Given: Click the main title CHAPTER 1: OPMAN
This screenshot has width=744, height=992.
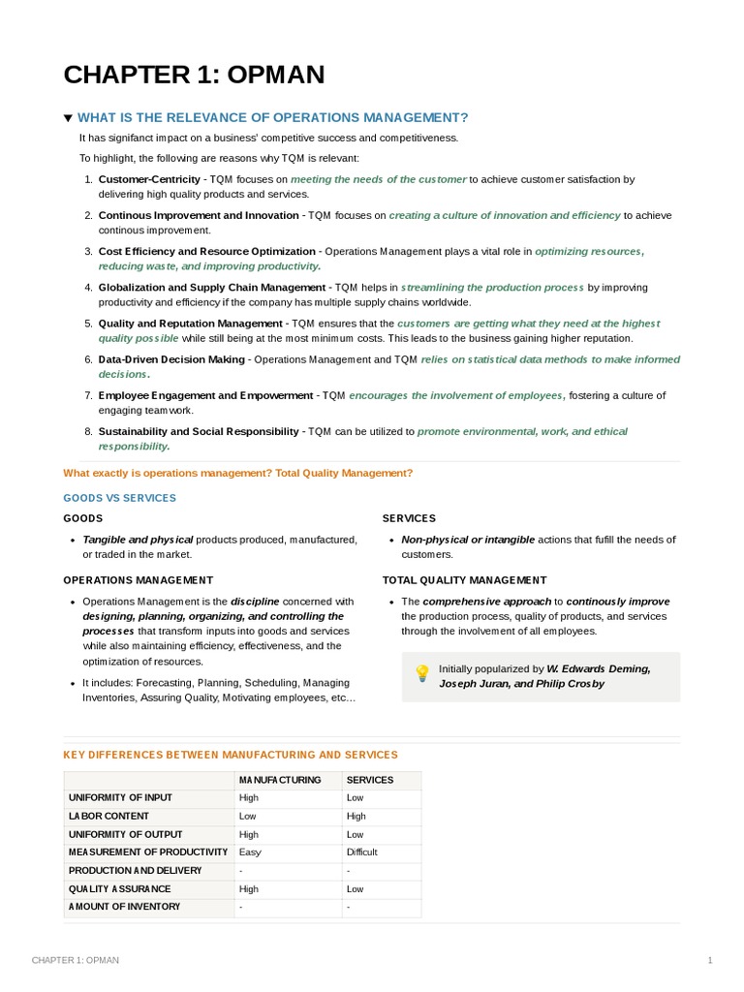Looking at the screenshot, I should pyautogui.click(x=194, y=75).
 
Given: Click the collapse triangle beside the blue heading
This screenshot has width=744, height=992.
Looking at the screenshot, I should pyautogui.click(x=68, y=118).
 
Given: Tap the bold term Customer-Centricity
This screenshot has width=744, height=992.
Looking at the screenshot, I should pyautogui.click(x=149, y=179).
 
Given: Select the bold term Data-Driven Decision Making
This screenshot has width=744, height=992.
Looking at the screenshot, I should pyautogui.click(x=171, y=359).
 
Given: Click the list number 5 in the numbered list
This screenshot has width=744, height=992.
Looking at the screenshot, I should pyautogui.click(x=87, y=324).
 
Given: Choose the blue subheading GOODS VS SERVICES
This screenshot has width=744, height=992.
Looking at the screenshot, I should pyautogui.click(x=119, y=498).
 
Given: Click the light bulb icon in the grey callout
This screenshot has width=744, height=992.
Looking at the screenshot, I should pyautogui.click(x=421, y=672).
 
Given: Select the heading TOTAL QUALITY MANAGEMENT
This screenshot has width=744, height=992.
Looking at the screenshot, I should pyautogui.click(x=464, y=580).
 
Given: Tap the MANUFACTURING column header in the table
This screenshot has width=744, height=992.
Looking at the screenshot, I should pyautogui.click(x=280, y=780).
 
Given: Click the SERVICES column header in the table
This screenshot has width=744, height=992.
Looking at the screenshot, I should pyautogui.click(x=370, y=780).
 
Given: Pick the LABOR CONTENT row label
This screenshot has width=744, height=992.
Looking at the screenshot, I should pyautogui.click(x=108, y=816).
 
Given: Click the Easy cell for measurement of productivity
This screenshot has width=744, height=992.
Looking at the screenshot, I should pyautogui.click(x=249, y=852).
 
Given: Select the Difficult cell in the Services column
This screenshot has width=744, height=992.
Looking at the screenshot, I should pyautogui.click(x=362, y=852).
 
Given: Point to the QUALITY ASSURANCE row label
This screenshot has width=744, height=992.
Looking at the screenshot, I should pyautogui.click(x=119, y=888).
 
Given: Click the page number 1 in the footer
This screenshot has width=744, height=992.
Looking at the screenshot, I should pyautogui.click(x=710, y=960).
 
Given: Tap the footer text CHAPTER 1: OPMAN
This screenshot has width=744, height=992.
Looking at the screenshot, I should pyautogui.click(x=76, y=960).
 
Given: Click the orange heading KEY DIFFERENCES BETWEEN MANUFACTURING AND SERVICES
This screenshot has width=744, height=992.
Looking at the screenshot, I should pyautogui.click(x=231, y=755).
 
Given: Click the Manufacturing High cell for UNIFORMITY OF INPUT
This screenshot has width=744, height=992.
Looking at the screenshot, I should pyautogui.click(x=249, y=798).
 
